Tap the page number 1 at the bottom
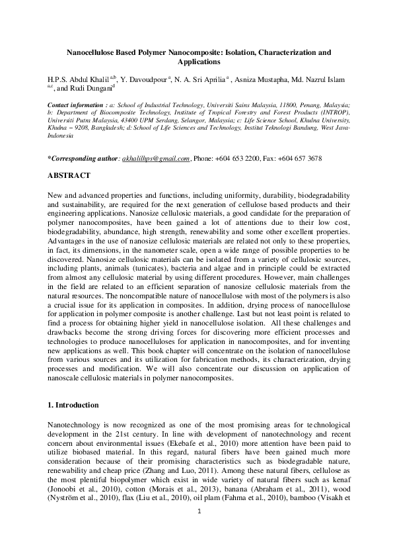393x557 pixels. (196, 530)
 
